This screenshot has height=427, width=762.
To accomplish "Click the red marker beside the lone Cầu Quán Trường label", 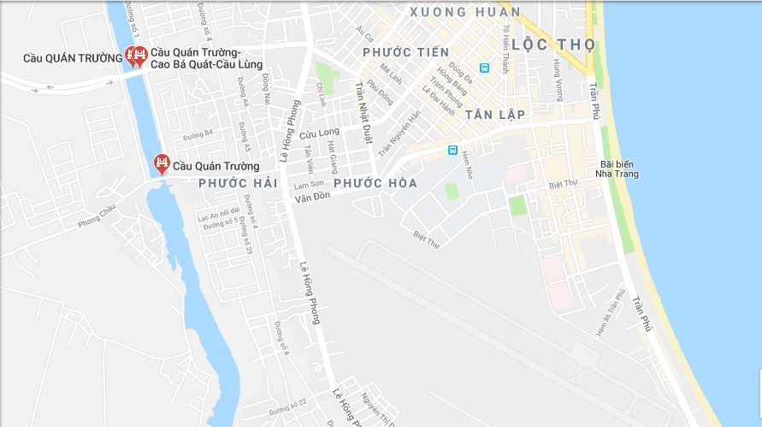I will point(161,163).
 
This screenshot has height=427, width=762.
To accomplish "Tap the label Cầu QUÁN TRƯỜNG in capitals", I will point(73,57).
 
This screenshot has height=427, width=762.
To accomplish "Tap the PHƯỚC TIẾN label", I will point(405,53).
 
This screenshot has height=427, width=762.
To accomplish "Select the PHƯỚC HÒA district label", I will point(375,183).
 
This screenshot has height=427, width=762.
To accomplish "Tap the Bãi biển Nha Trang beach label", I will point(620,169).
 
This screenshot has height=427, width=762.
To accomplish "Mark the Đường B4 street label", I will point(198,133).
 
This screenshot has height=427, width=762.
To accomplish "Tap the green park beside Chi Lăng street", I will point(326,75).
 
